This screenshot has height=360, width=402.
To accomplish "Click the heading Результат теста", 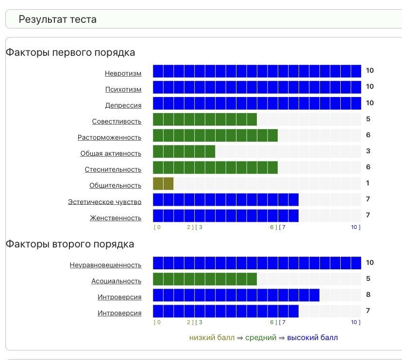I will coord(57,19).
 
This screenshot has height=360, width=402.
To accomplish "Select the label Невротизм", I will coord(123,74).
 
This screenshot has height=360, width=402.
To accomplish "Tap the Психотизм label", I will coord(123,90).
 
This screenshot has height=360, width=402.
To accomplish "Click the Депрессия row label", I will coord(123,106).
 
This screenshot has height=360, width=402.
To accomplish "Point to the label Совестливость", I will coord(117,122).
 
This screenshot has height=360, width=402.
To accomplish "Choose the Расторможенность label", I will coord(109,138).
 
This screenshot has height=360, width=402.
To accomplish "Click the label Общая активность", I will coord(111,154).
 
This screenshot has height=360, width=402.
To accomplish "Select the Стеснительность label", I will coord(113,170).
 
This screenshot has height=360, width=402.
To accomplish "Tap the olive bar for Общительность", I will coord(163,183).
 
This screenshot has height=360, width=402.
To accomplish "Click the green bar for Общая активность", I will coord(184,151).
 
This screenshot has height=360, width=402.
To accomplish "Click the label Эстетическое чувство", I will coord(104,202).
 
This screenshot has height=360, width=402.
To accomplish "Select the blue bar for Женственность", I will coord(226,215).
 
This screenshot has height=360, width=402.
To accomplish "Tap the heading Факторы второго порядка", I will coord(70,244).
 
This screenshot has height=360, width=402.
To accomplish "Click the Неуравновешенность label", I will coord(105,265).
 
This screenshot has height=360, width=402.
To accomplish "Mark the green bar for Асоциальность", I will coord(205,279).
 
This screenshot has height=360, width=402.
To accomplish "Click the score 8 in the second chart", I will coord(369,295).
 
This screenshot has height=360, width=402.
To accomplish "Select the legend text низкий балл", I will coord(212,338).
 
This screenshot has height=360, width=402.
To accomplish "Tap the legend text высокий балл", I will coord(312,338).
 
